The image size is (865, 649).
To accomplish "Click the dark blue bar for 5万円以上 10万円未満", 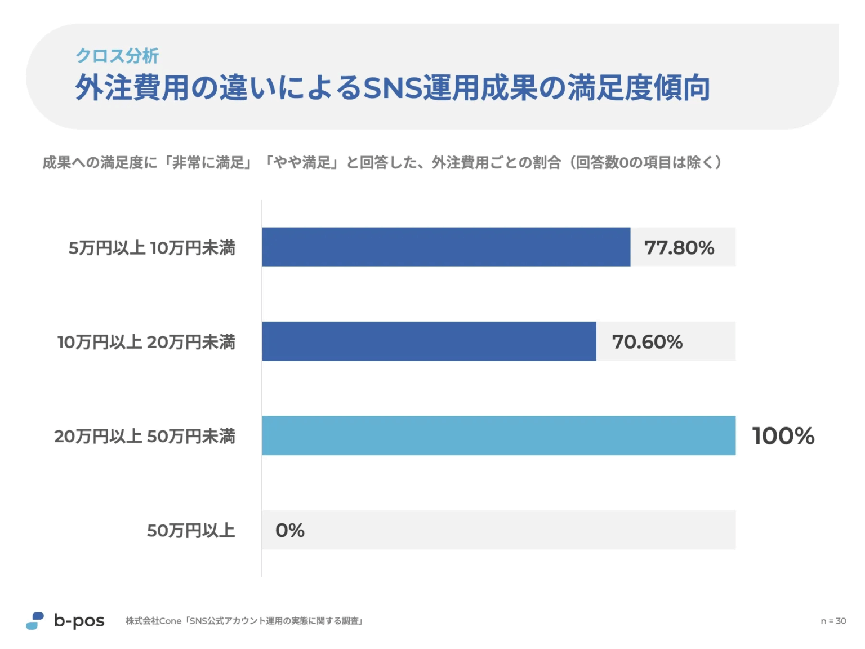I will click(446, 247).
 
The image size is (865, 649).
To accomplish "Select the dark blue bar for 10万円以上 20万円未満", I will click(429, 341).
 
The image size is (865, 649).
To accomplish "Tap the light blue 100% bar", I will click(498, 435).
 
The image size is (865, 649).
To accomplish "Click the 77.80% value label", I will click(679, 248).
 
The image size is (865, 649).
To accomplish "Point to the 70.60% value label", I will click(647, 342).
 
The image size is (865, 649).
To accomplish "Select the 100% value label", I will click(783, 436).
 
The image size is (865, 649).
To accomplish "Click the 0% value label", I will click(289, 530).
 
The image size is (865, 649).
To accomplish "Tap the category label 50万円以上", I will click(190, 531).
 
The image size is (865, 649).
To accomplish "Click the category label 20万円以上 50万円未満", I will click(145, 436).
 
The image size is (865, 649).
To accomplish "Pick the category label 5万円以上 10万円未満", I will click(151, 248).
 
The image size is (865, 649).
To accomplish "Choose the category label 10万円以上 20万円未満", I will click(146, 342).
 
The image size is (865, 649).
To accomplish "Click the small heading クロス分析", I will click(117, 55).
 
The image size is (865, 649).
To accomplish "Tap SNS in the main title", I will click(392, 88).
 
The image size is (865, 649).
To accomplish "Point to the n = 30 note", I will click(833, 621).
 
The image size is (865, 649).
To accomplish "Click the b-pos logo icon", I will click(35, 621).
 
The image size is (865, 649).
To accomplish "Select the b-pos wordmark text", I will click(79, 621).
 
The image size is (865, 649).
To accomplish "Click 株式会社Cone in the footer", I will click(153, 621).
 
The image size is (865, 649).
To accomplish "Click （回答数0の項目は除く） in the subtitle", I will click(645, 163).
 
